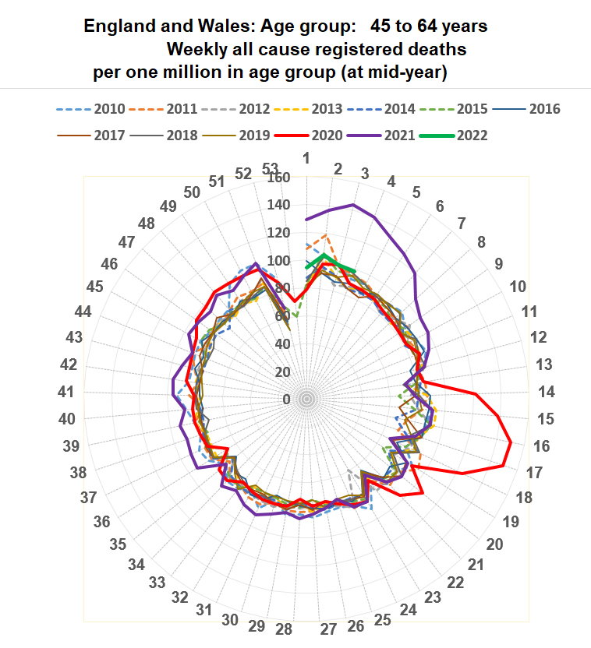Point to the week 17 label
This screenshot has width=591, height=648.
coord(535,472)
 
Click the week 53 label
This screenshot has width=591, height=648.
coord(271,168)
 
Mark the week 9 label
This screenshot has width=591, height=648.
coord(498,264)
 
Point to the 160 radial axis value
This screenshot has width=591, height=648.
coord(279,178)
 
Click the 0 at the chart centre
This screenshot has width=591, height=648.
coord(286,400)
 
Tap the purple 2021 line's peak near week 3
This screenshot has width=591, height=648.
coord(352,205)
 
